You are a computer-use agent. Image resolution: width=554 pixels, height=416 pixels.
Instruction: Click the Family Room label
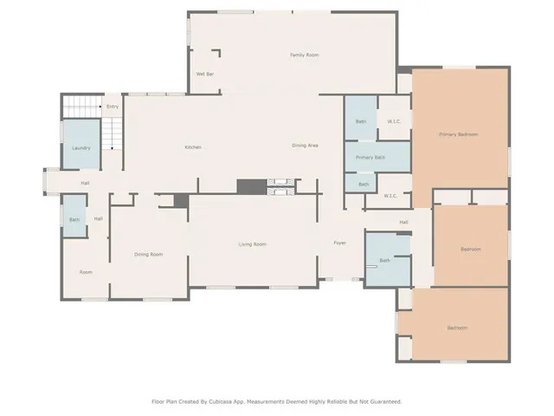click(x=304, y=55)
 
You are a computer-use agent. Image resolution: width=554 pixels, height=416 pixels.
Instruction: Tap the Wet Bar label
click(x=205, y=75)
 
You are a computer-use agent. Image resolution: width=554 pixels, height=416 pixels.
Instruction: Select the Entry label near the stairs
click(x=112, y=107)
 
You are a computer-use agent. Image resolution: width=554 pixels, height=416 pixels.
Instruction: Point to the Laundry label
click(x=81, y=148)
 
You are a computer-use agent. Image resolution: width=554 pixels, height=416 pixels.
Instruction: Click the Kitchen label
click(x=193, y=146)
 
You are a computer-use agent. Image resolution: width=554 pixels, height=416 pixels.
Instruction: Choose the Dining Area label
click(x=305, y=145)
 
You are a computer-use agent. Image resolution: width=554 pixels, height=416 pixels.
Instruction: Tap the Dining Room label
click(x=148, y=254)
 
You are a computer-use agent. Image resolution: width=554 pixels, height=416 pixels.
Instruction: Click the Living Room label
click(x=252, y=244)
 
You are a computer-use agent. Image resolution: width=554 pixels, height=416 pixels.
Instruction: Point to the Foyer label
click(x=340, y=243)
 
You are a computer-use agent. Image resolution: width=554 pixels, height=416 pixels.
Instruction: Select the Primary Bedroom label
click(x=459, y=134)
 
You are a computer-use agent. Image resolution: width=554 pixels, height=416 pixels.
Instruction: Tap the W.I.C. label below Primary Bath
click(x=390, y=195)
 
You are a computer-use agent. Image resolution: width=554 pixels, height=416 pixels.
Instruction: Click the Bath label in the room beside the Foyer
click(x=384, y=260)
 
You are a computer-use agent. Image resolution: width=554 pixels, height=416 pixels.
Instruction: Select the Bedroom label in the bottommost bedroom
click(x=457, y=328)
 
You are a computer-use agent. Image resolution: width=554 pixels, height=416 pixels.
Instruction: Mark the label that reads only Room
click(x=86, y=272)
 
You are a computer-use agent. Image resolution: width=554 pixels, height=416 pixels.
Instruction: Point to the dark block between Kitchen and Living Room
click(x=251, y=186)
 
